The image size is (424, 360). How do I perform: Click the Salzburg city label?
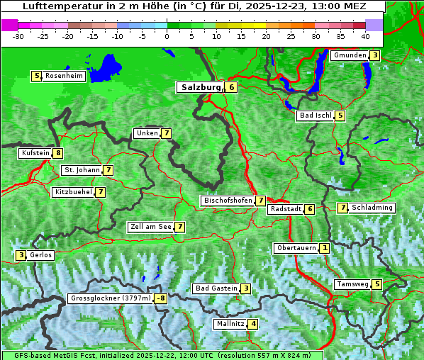[x=199, y=87]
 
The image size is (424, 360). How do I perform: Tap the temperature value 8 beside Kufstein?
[x=57, y=153]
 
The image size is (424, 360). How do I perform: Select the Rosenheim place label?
[x=63, y=76]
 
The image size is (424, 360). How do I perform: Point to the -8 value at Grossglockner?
[x=161, y=299]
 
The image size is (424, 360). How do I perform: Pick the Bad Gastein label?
[x=216, y=288]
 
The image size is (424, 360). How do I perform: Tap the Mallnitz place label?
[x=230, y=324]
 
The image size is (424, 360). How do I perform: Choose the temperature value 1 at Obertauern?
[x=324, y=248]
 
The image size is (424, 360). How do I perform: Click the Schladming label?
[x=372, y=208]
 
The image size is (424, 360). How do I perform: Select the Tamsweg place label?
[x=352, y=284]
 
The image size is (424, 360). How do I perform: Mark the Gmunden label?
[x=349, y=55]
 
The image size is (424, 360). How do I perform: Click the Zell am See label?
[x=150, y=227]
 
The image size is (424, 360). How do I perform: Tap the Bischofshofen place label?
[x=228, y=201]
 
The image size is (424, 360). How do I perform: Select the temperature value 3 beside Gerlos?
[x=21, y=255]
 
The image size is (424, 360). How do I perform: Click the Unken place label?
[x=147, y=133]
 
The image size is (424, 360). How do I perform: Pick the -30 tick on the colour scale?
[x=18, y=35]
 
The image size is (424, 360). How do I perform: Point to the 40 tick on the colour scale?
[x=365, y=35]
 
